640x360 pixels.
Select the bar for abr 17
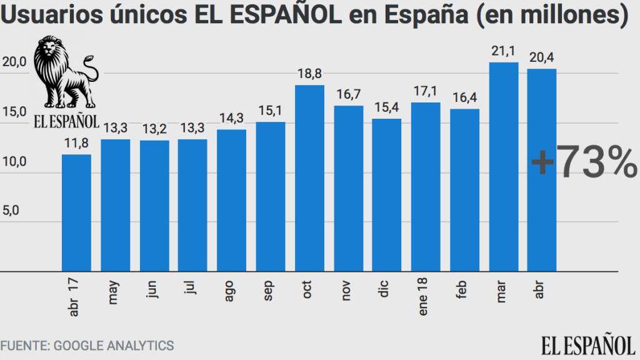(x=76, y=212)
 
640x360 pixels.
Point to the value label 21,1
(x=503, y=52)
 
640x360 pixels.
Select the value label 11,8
(x=76, y=144)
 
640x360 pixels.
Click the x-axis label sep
(x=269, y=291)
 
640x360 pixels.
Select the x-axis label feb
(x=462, y=291)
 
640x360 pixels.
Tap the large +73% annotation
(x=584, y=164)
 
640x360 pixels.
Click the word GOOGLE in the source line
(x=79, y=345)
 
